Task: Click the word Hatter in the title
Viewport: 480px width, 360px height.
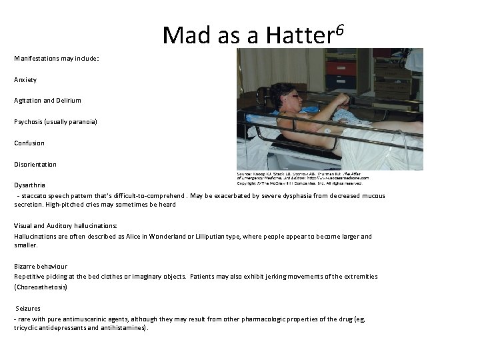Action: [299, 34]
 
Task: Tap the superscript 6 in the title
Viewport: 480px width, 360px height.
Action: [340, 29]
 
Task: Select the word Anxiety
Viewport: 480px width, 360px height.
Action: [25, 79]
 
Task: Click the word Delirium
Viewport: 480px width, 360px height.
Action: [67, 101]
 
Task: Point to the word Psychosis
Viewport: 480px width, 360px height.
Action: [29, 122]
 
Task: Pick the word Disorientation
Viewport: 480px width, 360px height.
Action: [35, 165]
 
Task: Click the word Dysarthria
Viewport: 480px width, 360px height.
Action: [30, 185]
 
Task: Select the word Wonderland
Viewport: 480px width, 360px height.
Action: [175, 237]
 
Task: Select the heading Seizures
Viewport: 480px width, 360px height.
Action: [29, 309]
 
